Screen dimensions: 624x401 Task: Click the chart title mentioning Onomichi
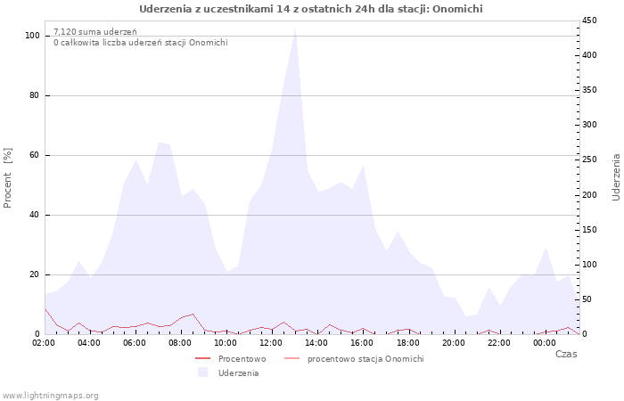point(311,9)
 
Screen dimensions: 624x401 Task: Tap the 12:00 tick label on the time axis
point(271,343)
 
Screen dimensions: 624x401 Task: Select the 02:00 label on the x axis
point(44,343)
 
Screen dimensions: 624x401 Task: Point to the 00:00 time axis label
point(544,343)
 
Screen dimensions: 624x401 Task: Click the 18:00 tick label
point(407,343)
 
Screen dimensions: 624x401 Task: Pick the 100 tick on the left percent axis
point(32,36)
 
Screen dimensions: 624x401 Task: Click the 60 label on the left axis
point(34,155)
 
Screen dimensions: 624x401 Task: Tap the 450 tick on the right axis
point(589,20)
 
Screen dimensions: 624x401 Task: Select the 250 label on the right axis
point(589,160)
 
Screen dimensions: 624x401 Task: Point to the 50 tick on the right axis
point(587,299)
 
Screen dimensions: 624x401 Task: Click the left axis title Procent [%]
point(7,178)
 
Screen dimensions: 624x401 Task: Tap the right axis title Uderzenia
point(616,178)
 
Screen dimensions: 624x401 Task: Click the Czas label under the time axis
point(566,354)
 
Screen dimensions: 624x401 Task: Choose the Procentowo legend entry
point(231,359)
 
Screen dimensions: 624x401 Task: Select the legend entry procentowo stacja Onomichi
point(354,359)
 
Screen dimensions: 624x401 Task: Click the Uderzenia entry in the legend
point(228,372)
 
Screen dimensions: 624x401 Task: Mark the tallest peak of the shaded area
point(295,29)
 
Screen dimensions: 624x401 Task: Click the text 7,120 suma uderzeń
point(95,32)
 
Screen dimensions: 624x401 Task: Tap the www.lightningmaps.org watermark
point(50,396)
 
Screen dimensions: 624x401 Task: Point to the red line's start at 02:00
point(45,308)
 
